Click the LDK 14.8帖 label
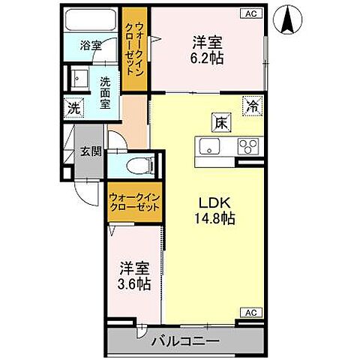(212, 210)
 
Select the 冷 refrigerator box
(253, 106)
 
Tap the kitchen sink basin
(207, 145)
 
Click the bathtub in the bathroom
(91, 19)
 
